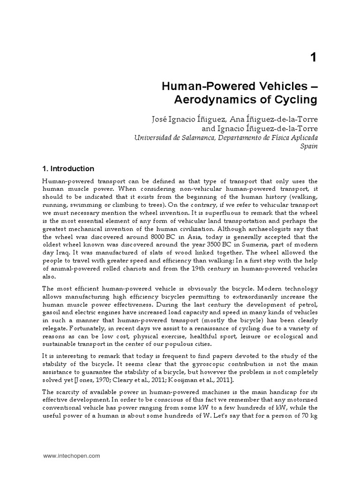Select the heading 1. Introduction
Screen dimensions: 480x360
point(68,169)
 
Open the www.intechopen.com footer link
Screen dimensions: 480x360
point(71,455)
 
